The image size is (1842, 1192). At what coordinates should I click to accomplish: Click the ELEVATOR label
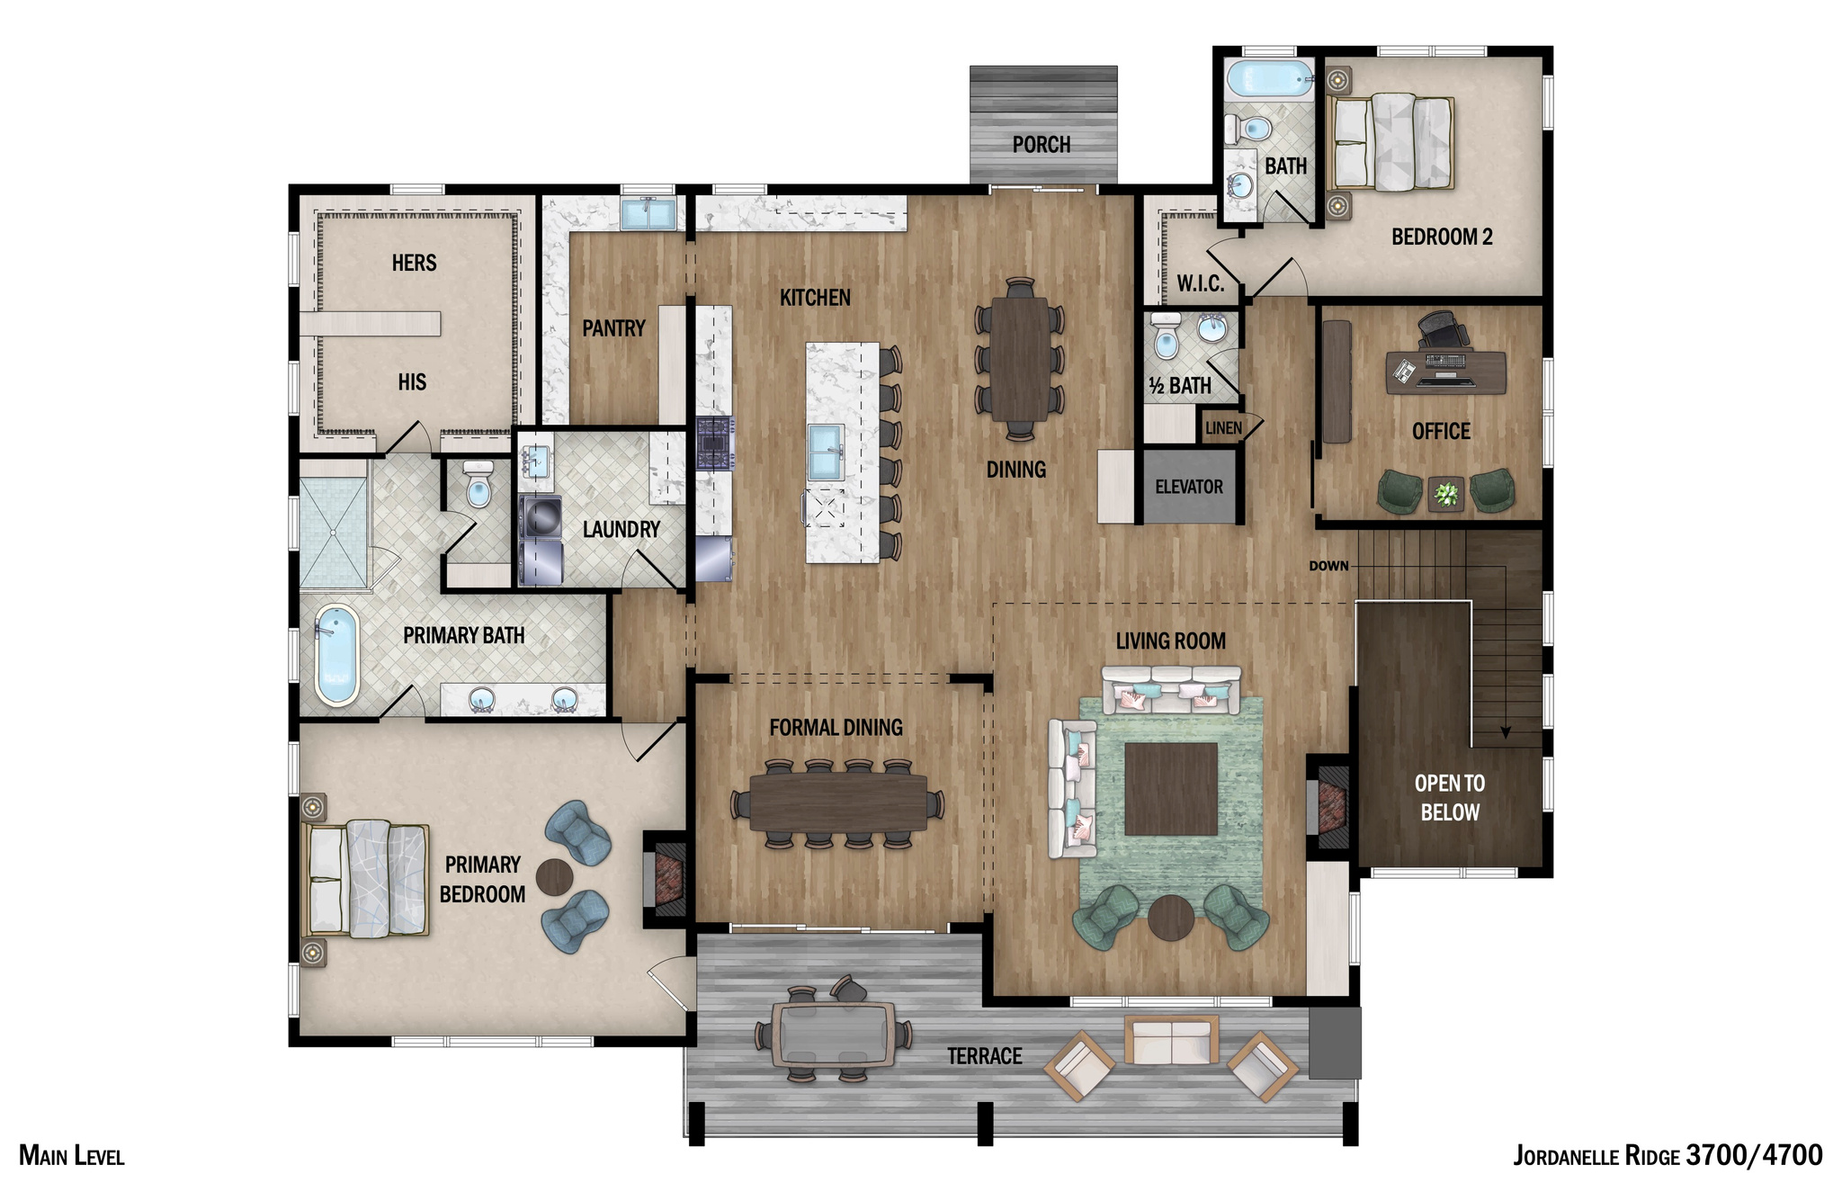(x=1188, y=487)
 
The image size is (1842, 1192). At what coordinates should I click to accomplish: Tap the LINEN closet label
(x=1222, y=428)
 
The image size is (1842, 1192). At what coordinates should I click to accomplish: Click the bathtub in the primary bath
(x=336, y=654)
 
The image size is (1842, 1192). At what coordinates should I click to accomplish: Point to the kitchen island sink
(x=825, y=452)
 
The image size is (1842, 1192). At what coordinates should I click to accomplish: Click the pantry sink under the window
(x=648, y=214)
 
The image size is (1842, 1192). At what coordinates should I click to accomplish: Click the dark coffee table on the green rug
(x=1170, y=788)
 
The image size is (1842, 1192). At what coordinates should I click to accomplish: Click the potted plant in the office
(x=1445, y=494)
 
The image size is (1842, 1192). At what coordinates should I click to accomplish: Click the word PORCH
(x=1041, y=145)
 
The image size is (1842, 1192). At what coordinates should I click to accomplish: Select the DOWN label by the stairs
(x=1328, y=566)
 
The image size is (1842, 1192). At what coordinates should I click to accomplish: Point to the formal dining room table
(x=837, y=802)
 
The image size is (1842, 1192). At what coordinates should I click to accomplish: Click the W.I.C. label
(x=1200, y=284)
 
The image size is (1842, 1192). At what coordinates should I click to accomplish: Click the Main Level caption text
(x=71, y=1156)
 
